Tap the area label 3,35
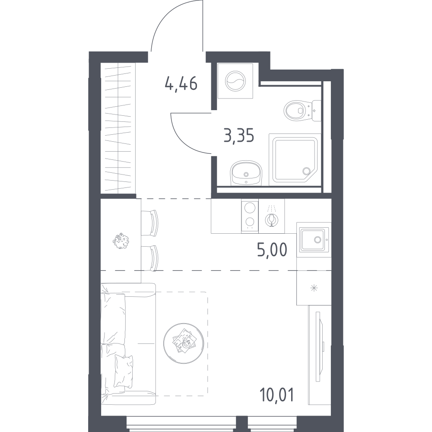(x=239, y=136)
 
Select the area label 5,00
(x=272, y=250)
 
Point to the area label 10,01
(x=276, y=394)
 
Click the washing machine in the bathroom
(x=235, y=81)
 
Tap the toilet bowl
(x=302, y=111)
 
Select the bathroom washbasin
(x=246, y=173)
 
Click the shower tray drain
(x=306, y=171)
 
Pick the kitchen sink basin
(x=314, y=239)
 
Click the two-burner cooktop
(x=250, y=216)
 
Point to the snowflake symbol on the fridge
(x=314, y=289)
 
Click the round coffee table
(x=184, y=343)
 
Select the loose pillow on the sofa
(x=124, y=371)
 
